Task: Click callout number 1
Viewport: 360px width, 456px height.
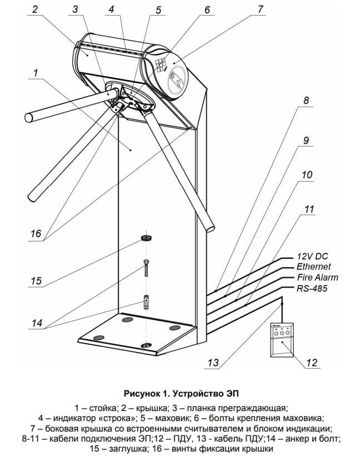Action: click(x=35, y=72)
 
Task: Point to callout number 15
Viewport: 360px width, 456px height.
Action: click(x=36, y=281)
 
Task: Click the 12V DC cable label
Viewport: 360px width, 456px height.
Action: click(x=313, y=256)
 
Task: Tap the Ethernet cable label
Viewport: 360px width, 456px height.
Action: click(x=313, y=267)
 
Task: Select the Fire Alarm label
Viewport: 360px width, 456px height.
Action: click(x=317, y=277)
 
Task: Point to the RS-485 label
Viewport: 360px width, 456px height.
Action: click(x=312, y=288)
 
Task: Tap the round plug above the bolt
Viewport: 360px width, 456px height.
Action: click(x=147, y=238)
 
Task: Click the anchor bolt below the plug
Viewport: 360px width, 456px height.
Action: click(x=147, y=269)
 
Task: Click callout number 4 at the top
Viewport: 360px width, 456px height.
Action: click(x=112, y=9)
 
